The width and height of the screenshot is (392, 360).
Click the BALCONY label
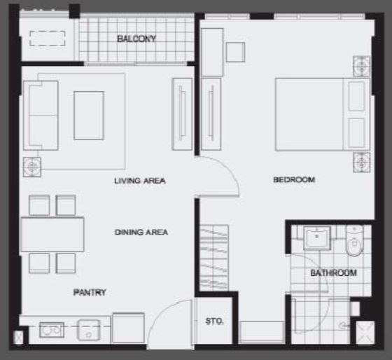tap(136, 39)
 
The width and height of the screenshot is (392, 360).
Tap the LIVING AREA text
tap(140, 181)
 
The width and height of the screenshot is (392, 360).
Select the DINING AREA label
tap(141, 232)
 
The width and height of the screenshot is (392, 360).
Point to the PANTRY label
tap(90, 292)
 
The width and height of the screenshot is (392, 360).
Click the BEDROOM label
tap(294, 179)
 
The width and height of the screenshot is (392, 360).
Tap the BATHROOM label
tap(333, 272)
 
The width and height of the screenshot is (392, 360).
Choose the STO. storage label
tap(214, 321)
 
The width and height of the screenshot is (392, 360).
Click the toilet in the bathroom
tap(354, 241)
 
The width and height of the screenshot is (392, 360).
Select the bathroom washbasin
tap(317, 238)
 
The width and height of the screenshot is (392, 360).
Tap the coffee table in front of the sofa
tap(89, 116)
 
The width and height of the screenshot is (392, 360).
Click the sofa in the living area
tap(41, 116)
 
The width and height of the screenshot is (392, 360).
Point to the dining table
tap(52, 235)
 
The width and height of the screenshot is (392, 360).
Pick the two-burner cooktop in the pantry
tap(52, 330)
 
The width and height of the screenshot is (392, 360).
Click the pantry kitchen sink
tap(89, 330)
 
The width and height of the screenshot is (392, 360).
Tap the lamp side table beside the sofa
tap(32, 167)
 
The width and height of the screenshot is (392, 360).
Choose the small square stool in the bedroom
tap(235, 53)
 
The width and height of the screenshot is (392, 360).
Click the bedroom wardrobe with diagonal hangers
tap(214, 258)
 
